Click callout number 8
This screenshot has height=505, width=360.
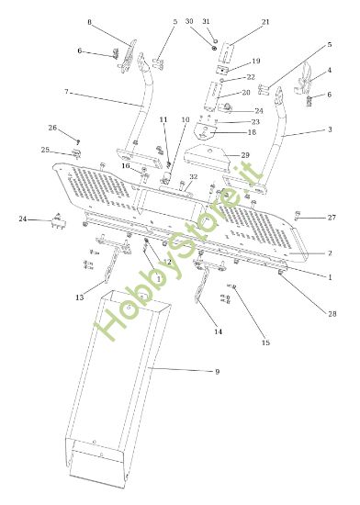click(89, 21)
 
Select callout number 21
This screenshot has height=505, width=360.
click(265, 21)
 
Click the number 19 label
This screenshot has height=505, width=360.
click(256, 62)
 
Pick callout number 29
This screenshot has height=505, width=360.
click(245, 154)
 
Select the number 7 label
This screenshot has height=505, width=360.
click(67, 92)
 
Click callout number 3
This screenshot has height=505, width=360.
click(329, 131)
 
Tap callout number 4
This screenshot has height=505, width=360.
click(329, 69)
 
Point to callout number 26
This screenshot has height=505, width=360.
click(52, 128)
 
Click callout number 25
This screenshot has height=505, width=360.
click(46, 150)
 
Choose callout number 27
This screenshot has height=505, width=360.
click(332, 218)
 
